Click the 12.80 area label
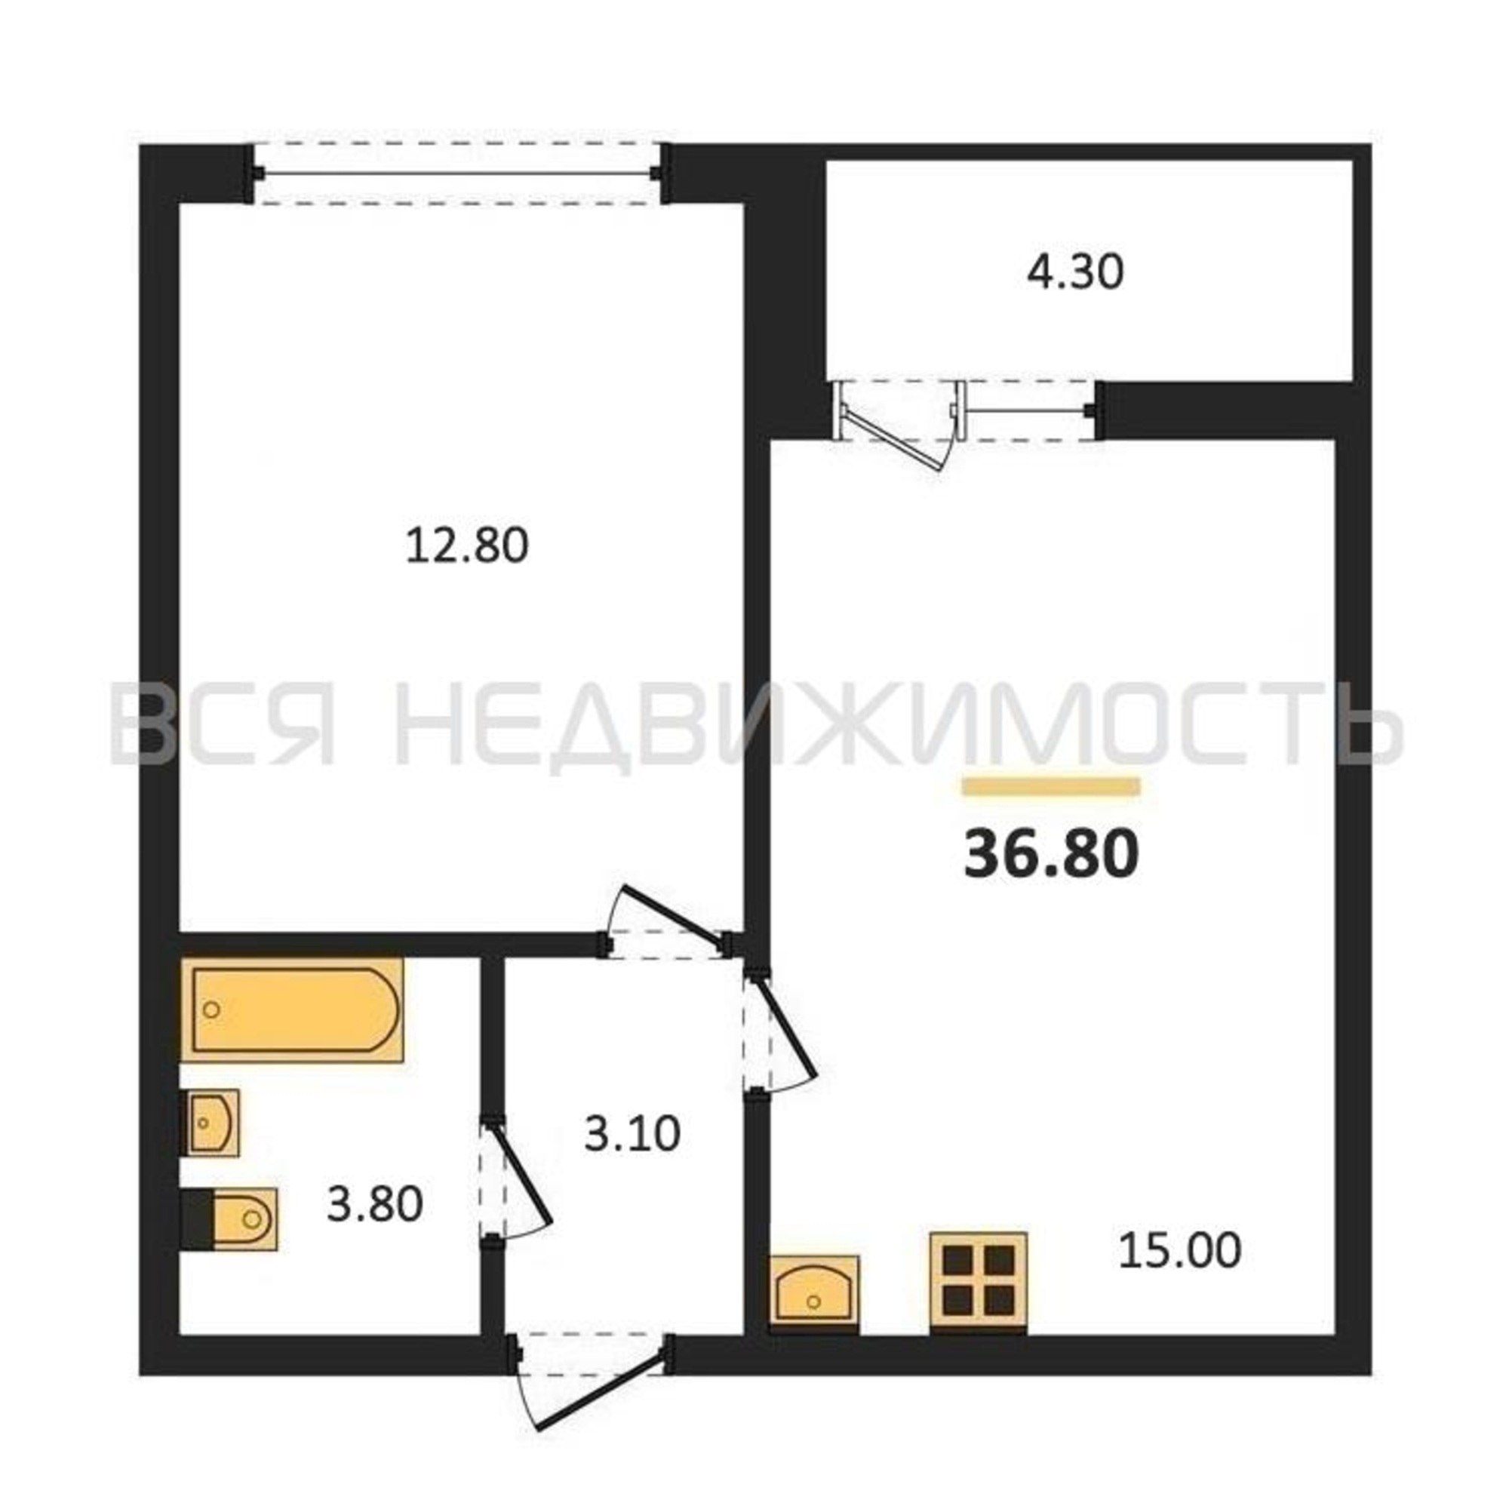point(467,546)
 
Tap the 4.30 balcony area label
point(1074,272)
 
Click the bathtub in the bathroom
point(293,1010)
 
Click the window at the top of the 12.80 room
point(458,174)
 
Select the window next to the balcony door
point(1030,409)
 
